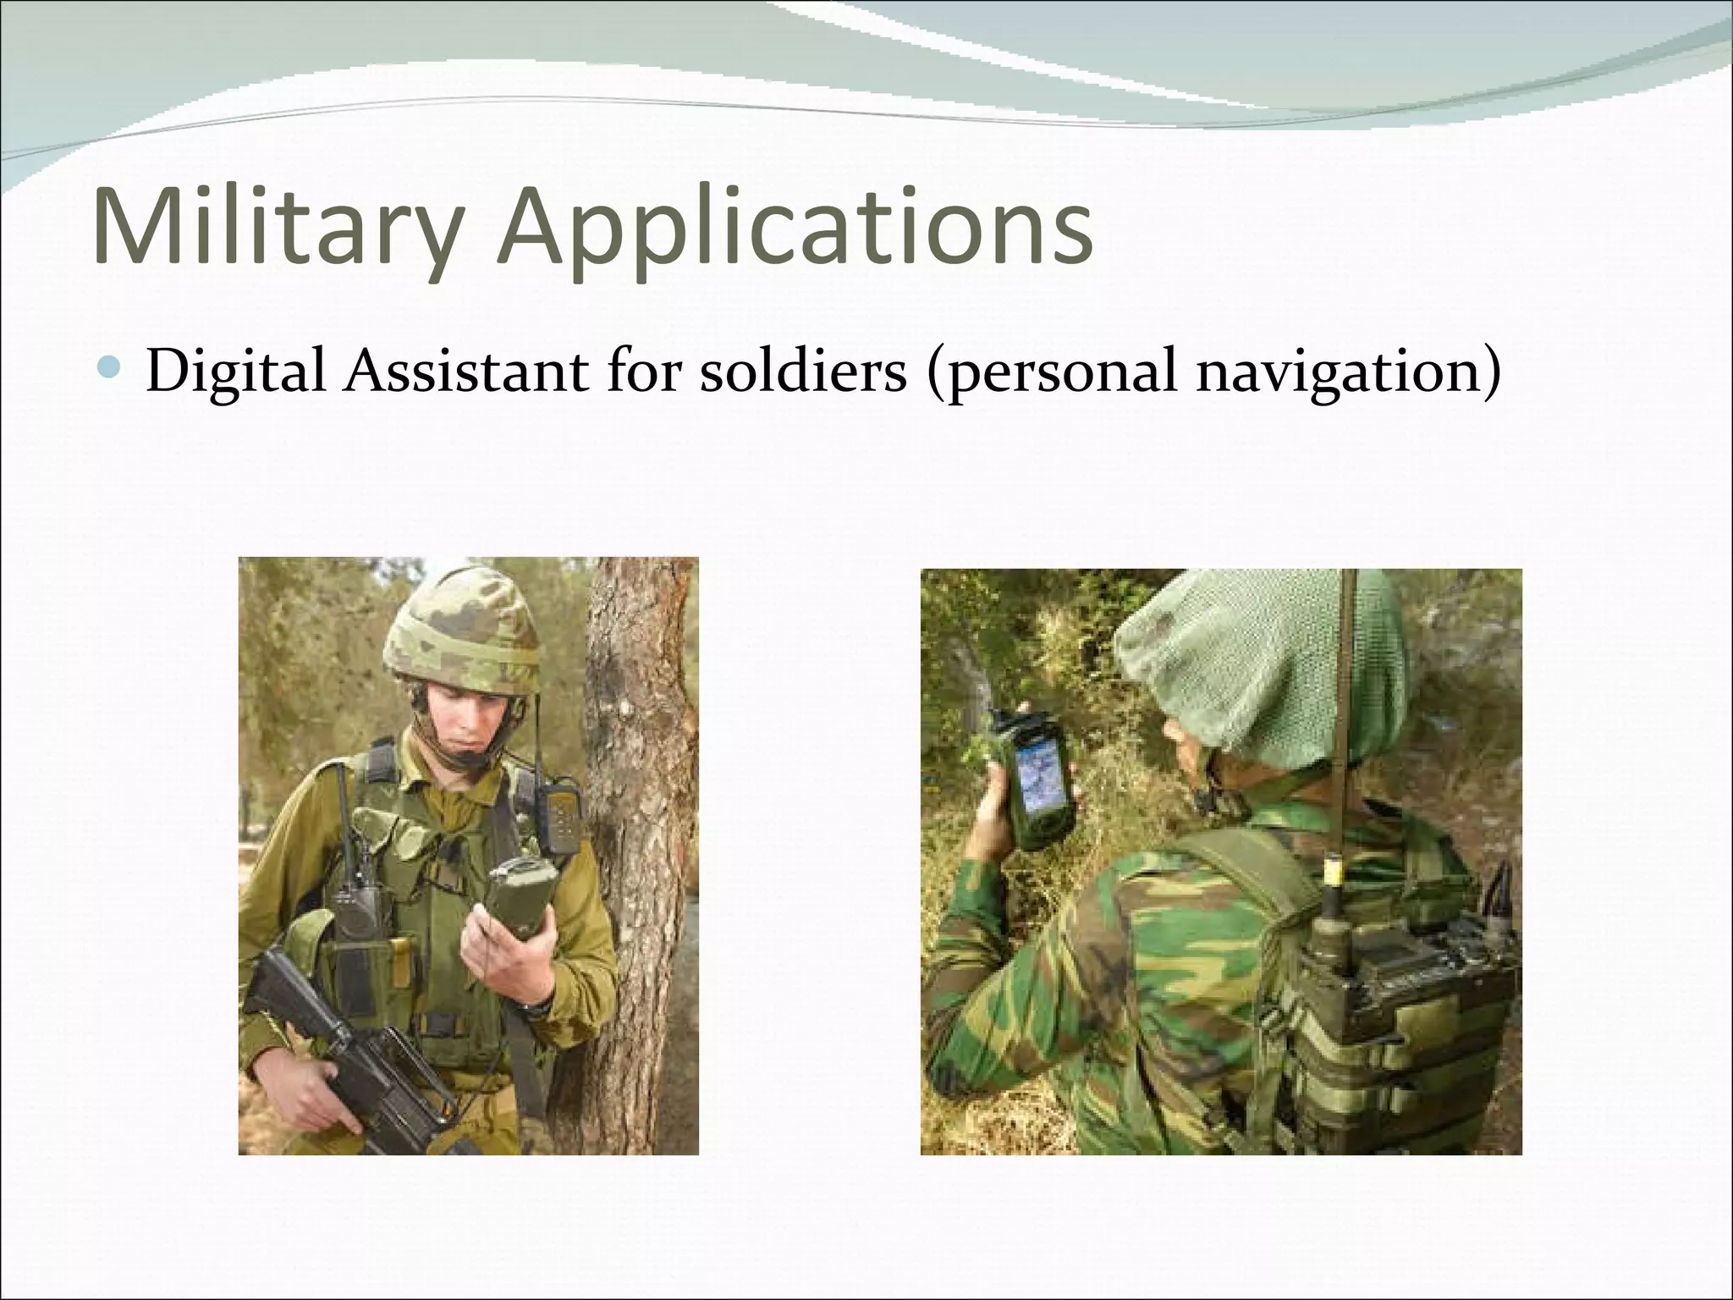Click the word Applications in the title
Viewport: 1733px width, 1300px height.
click(x=795, y=229)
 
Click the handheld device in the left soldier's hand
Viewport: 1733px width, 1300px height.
click(x=518, y=897)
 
